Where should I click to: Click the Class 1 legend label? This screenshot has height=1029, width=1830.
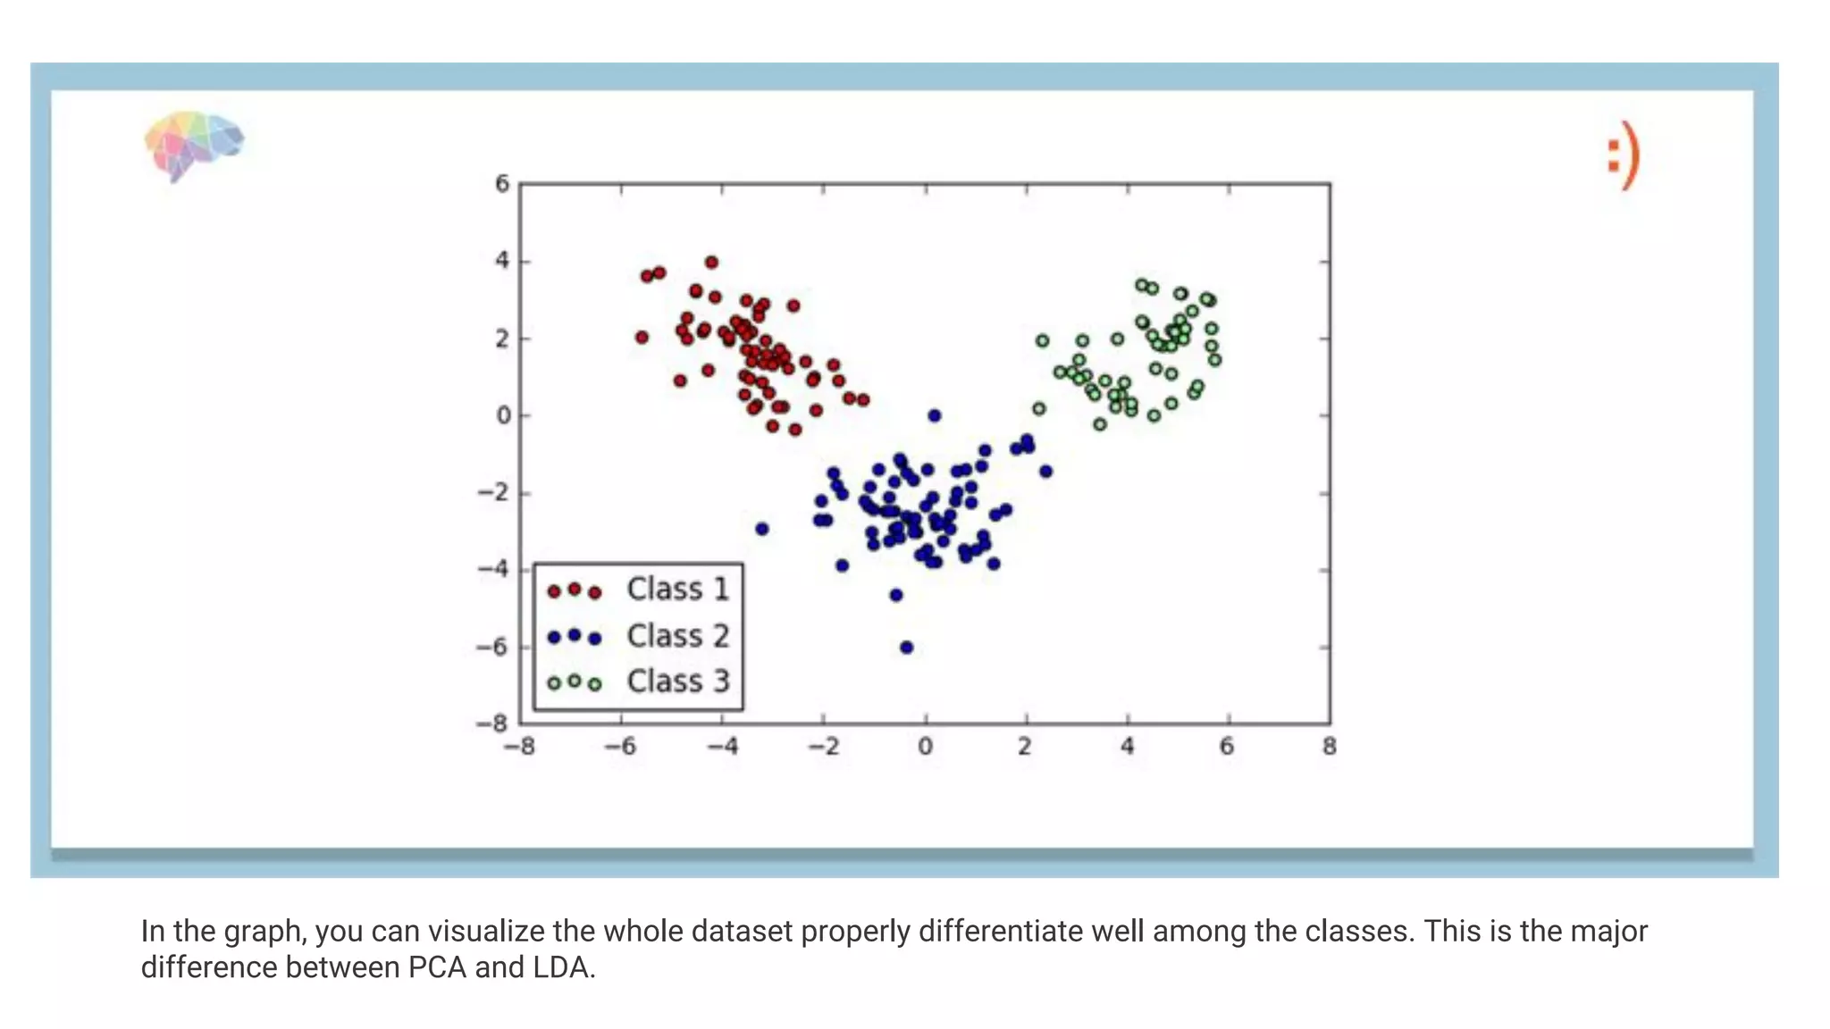click(x=677, y=590)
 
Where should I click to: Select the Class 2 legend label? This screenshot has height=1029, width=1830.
click(x=677, y=636)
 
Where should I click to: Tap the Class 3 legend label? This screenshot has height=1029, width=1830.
click(x=677, y=682)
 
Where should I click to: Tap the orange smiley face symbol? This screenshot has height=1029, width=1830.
click(x=1624, y=155)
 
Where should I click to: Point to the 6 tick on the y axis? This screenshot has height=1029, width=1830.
click(x=502, y=184)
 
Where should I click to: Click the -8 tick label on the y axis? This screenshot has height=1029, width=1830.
click(x=492, y=723)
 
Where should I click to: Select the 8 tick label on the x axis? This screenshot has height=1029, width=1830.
click(x=1330, y=747)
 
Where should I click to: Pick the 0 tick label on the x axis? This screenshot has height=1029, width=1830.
click(x=925, y=747)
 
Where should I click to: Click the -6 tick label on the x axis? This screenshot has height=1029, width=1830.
click(x=620, y=747)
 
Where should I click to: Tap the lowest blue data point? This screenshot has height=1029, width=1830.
click(x=906, y=648)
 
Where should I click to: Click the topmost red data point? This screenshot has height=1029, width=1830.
click(x=711, y=263)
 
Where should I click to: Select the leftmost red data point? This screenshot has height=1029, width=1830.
click(x=642, y=338)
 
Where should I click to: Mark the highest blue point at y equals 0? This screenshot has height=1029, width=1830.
click(x=935, y=415)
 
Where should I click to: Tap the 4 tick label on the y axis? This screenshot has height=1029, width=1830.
click(x=502, y=261)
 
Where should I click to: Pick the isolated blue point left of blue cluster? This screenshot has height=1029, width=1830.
click(x=762, y=529)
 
